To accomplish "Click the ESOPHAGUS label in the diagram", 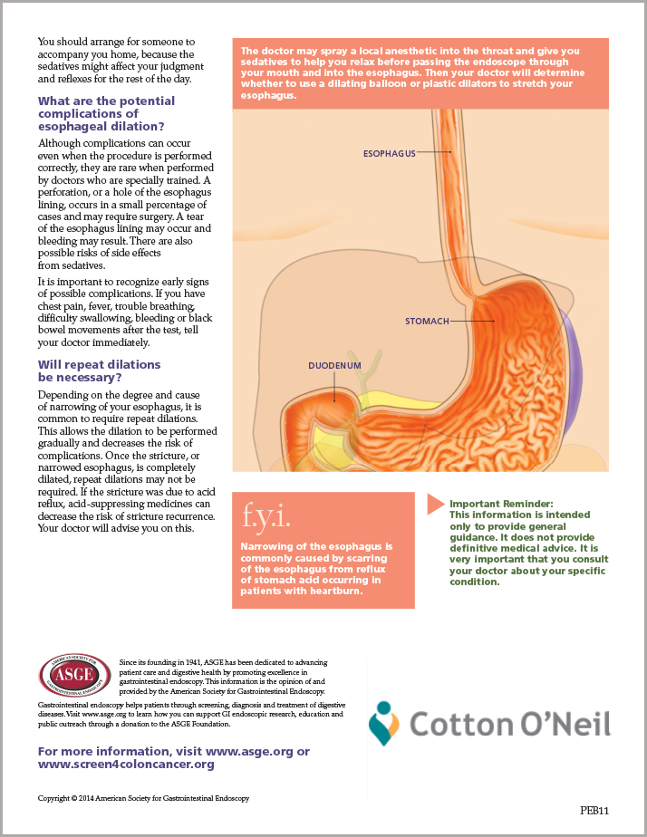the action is (389, 154).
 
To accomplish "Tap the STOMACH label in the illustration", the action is (427, 321).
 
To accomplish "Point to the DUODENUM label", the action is (334, 366).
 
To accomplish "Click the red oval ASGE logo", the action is (74, 675).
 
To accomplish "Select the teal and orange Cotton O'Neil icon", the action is (384, 723).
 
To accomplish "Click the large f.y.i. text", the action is (266, 516).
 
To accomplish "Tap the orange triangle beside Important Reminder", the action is (436, 504).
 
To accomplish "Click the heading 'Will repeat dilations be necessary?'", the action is (100, 371).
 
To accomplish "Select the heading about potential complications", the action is (106, 114).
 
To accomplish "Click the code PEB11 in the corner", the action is (594, 811).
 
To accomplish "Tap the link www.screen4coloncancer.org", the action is (126, 765).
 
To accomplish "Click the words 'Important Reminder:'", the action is (501, 504).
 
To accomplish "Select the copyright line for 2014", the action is (143, 799).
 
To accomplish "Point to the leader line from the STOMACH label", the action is (472, 321).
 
